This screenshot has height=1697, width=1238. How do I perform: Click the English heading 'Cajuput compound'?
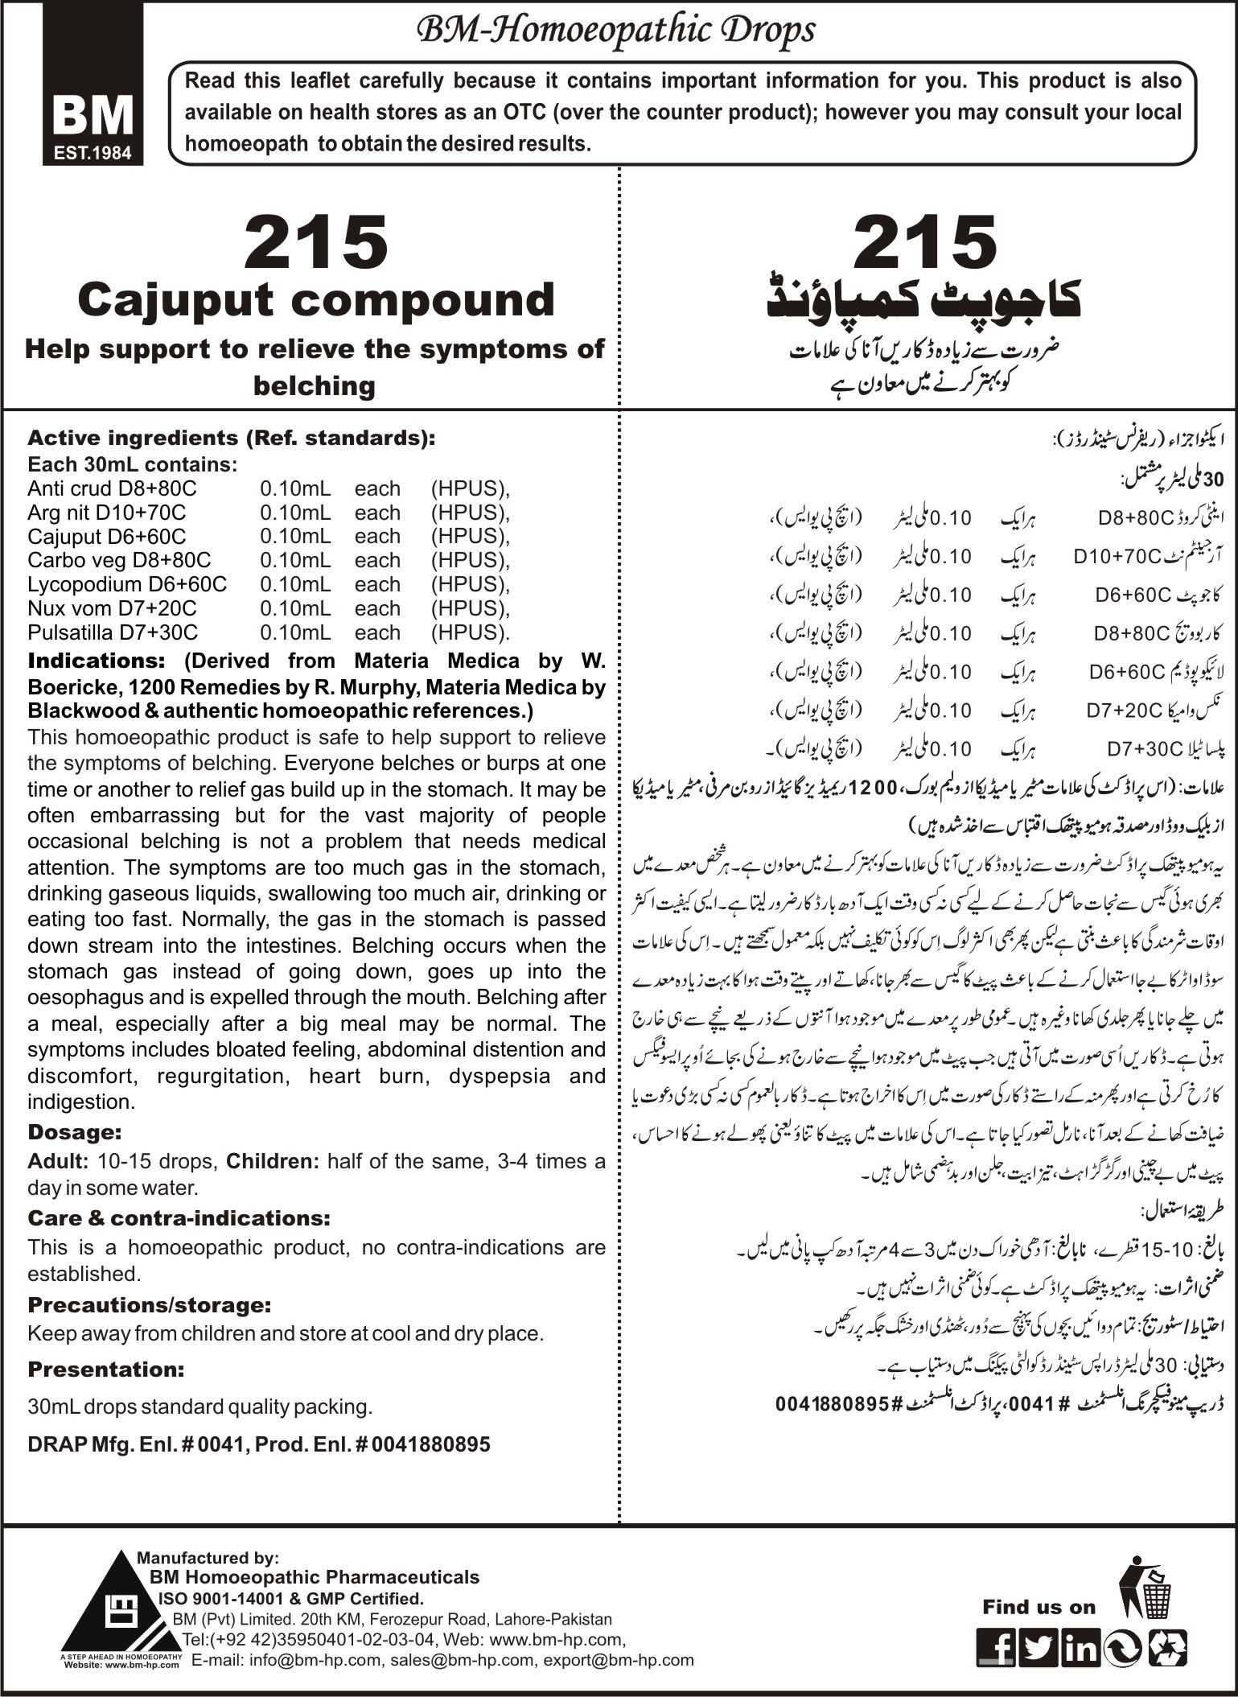click(316, 299)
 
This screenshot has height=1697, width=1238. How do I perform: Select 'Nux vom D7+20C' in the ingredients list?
click(112, 608)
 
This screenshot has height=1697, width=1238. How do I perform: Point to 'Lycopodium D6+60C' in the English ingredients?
click(127, 584)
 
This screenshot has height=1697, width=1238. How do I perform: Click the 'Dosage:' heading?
click(74, 1132)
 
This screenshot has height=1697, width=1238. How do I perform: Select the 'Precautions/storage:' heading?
click(149, 1304)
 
